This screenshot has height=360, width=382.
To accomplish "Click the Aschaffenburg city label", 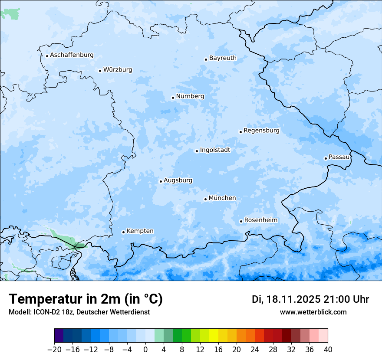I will [x=72, y=55].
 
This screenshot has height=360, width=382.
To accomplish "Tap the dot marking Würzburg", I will [x=100, y=71].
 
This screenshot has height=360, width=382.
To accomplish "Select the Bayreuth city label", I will [x=223, y=58].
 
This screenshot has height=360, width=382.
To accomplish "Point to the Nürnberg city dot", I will [x=173, y=98].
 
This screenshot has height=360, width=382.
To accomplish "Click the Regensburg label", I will [x=261, y=130].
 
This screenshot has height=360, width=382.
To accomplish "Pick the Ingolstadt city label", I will [x=215, y=150].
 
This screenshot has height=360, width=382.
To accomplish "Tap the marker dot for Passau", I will [x=326, y=158].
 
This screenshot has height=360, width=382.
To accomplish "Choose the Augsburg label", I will [x=178, y=180].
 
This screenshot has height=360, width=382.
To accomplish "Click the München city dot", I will [x=205, y=200].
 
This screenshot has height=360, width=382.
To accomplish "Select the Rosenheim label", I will [x=260, y=220].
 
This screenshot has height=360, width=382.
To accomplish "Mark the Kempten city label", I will [x=140, y=231].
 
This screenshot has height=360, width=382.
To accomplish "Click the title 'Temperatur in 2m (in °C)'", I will [x=86, y=299].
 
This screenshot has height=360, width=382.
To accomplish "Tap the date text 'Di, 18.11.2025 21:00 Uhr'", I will [x=310, y=299].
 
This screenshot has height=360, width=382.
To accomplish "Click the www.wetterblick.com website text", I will [x=313, y=312].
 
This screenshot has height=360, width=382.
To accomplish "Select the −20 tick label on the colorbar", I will [x=54, y=350].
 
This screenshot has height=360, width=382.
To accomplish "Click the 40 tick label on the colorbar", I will [x=328, y=350].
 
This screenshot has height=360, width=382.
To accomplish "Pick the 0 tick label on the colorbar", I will [x=145, y=350].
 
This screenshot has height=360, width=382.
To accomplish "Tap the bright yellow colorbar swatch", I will [x=214, y=336].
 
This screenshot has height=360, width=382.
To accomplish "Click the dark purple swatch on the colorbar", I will [x=59, y=336].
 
